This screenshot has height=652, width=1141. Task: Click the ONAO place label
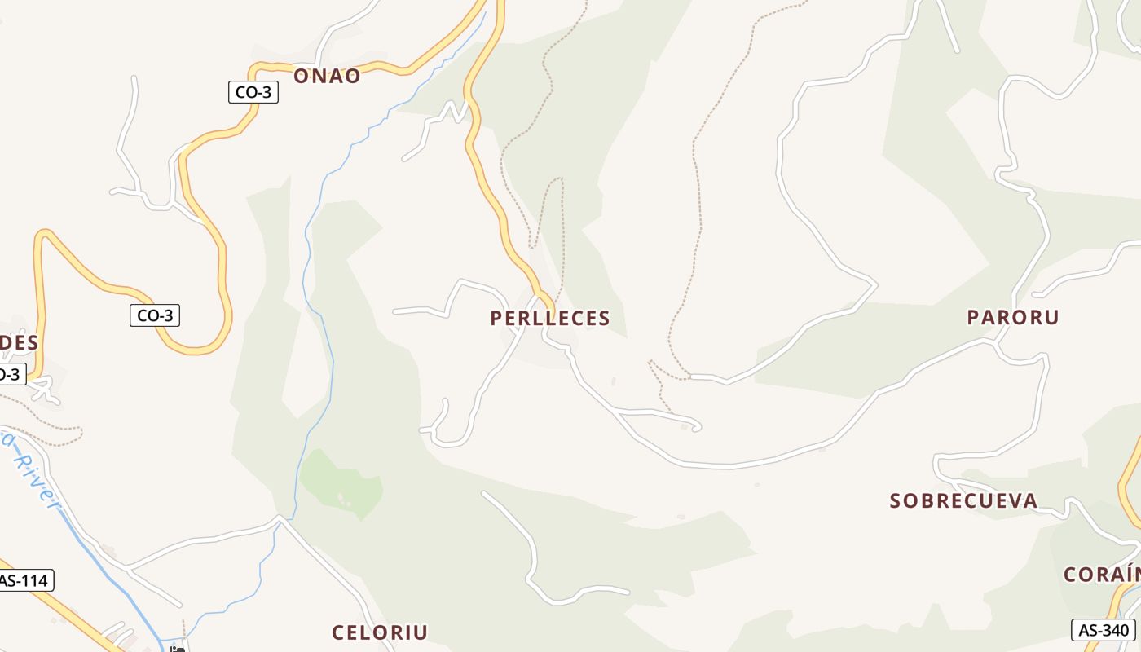click(326, 76)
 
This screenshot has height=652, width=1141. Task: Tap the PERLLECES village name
click(550, 319)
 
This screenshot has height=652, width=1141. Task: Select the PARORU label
click(1013, 318)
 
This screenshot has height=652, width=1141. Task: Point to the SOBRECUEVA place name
click(963, 500)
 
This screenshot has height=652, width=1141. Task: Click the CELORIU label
click(380, 632)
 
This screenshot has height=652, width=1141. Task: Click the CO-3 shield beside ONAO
click(253, 92)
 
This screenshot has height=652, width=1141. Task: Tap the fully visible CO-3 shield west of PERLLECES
click(155, 315)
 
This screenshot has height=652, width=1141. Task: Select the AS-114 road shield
click(24, 580)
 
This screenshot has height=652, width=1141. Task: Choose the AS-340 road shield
click(1103, 630)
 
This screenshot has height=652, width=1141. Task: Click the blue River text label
click(33, 473)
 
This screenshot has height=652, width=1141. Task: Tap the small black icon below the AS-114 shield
click(177, 649)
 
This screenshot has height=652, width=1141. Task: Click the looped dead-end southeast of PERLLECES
click(695, 425)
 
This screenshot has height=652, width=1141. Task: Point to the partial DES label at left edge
click(18, 342)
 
